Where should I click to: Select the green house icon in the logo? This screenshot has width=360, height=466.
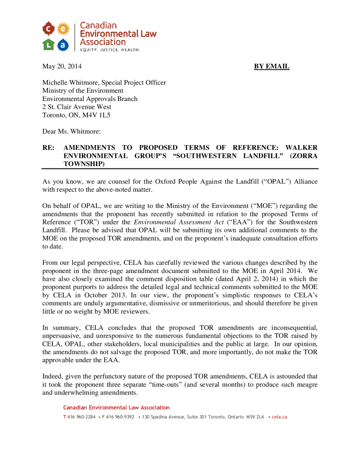[49, 44]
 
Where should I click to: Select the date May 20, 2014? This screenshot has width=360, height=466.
[62, 66]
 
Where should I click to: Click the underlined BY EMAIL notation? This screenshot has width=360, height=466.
[271, 66]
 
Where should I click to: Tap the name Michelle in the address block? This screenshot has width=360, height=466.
[55, 82]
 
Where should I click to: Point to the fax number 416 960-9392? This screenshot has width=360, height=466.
[120, 417]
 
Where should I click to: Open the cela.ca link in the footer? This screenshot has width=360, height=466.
[279, 417]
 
